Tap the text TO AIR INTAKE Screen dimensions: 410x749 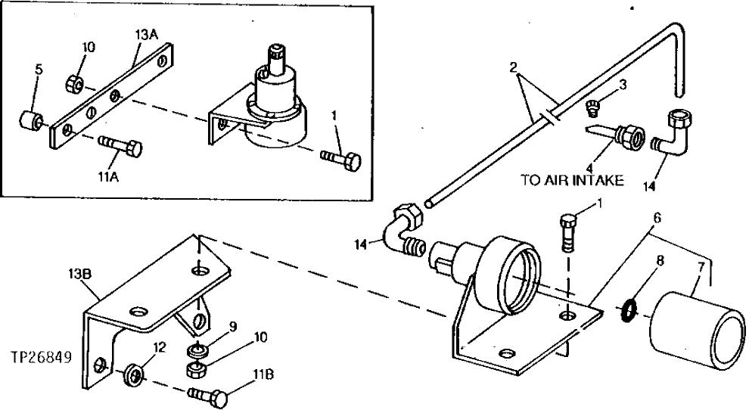coord(571,181)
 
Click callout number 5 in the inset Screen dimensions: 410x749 coord(39,69)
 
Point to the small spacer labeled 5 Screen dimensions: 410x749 coord(31,121)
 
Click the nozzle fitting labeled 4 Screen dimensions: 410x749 coord(620,137)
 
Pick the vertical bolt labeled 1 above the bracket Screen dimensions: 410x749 coord(570,230)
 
